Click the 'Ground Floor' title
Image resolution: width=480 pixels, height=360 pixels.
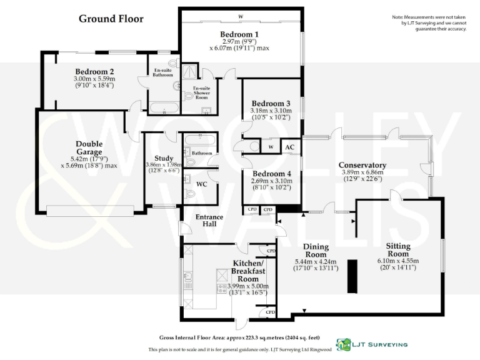pyautogui.click(x=111, y=19)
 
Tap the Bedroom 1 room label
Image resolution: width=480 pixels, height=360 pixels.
pyautogui.click(x=239, y=34)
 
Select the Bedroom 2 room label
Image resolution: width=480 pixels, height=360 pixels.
pyautogui.click(x=94, y=71)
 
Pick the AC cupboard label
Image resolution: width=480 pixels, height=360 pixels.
pyautogui.click(x=289, y=147)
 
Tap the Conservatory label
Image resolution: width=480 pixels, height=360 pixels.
pyautogui.click(x=362, y=165)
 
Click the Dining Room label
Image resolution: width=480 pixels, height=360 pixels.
pyautogui.click(x=316, y=250)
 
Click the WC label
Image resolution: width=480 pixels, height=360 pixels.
pyautogui.click(x=202, y=184)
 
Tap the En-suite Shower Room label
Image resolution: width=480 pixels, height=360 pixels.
pyautogui.click(x=201, y=92)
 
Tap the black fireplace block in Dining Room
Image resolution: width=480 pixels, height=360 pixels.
pyautogui.click(x=352, y=276)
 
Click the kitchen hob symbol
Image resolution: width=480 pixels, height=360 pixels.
pyautogui.click(x=221, y=288)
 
